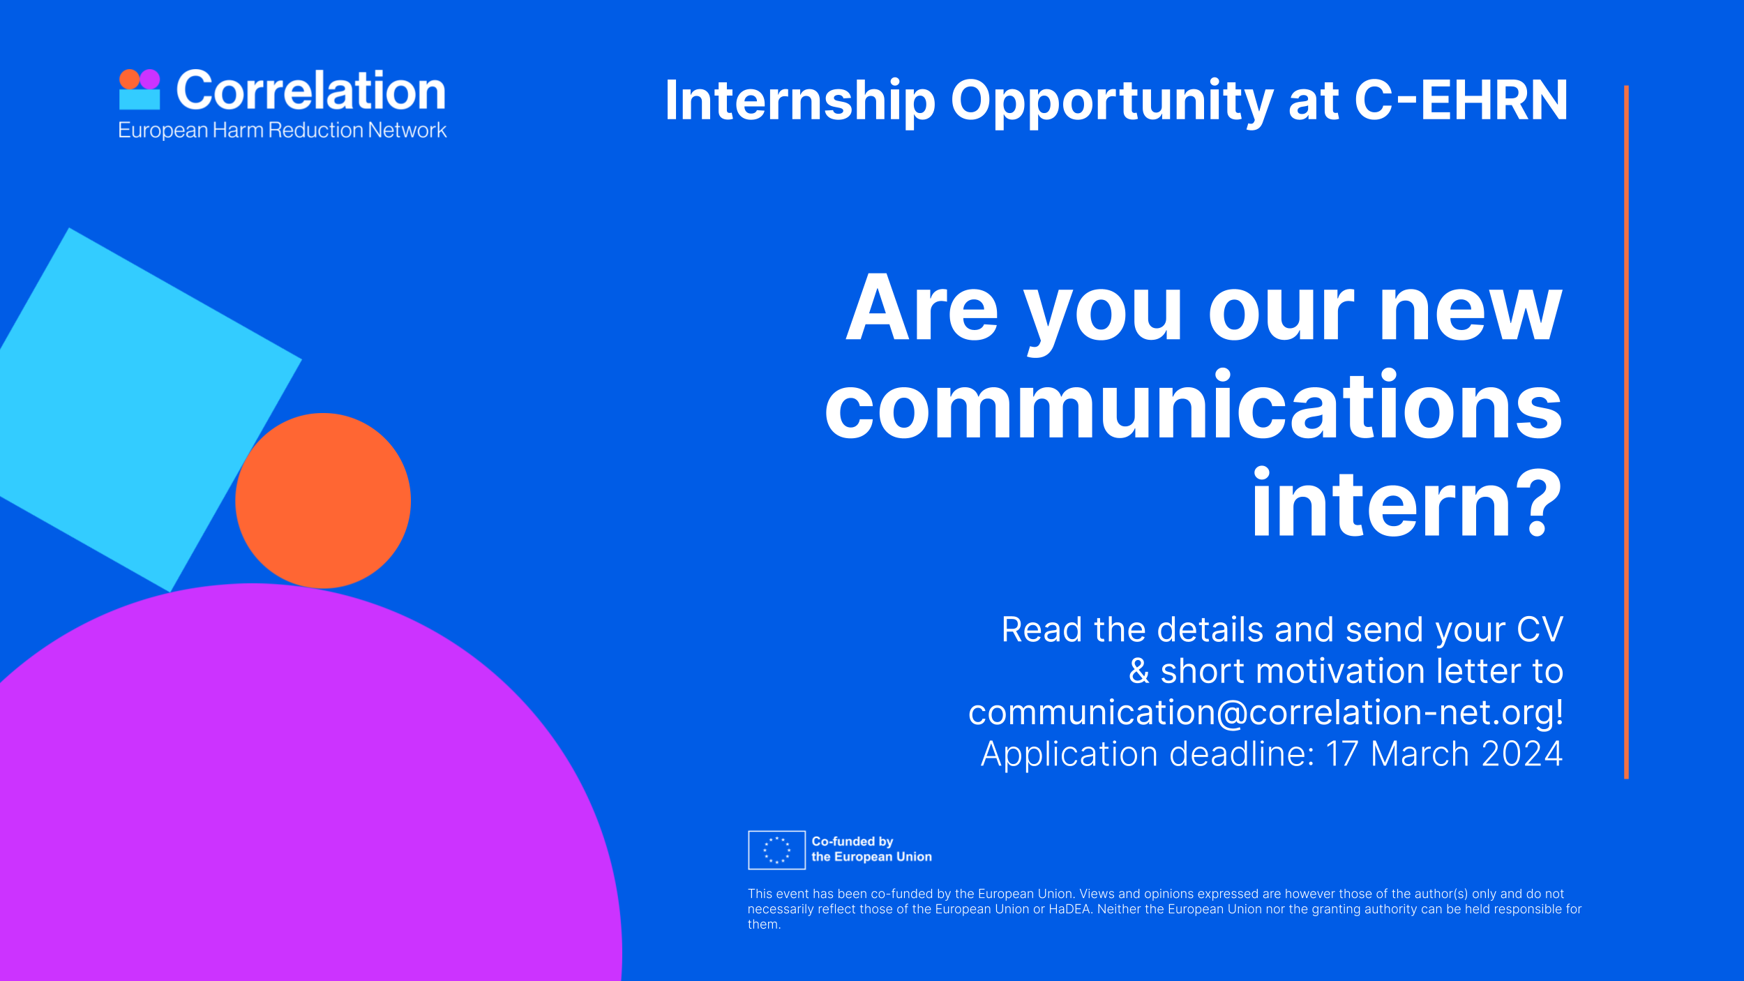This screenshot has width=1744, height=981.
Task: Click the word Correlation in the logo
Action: (x=310, y=90)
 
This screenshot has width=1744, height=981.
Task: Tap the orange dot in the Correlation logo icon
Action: (x=130, y=79)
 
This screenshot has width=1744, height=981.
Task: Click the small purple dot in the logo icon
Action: (x=150, y=79)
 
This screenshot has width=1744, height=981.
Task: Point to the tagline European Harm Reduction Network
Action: (x=283, y=130)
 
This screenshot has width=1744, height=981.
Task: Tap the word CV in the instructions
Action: (x=1540, y=629)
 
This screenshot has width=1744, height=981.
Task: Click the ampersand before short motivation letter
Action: (x=1139, y=671)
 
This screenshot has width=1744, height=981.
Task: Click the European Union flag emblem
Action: (x=776, y=850)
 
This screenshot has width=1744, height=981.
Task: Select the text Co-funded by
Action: (x=852, y=841)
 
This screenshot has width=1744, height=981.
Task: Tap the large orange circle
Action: (x=323, y=500)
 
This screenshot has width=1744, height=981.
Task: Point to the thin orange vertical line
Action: (x=1626, y=432)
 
